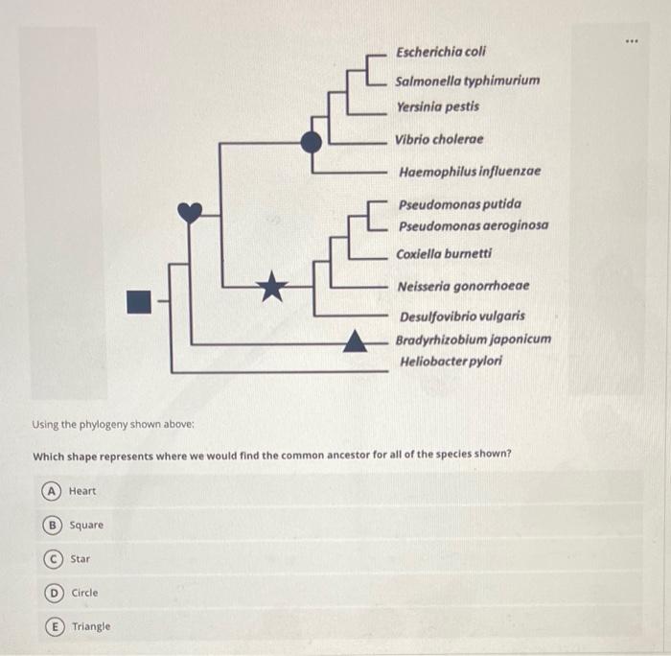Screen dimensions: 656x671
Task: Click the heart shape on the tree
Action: click(x=192, y=212)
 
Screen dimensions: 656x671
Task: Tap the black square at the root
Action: click(x=140, y=301)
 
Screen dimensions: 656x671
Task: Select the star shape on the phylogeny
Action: click(x=273, y=285)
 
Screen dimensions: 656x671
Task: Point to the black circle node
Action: click(x=311, y=142)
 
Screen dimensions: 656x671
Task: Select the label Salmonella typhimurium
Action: click(x=467, y=81)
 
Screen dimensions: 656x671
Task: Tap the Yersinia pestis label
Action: click(x=437, y=106)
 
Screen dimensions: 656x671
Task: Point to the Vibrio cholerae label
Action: click(x=439, y=139)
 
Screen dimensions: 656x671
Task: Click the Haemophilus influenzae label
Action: click(x=470, y=172)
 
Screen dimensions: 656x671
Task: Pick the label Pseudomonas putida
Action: click(x=460, y=204)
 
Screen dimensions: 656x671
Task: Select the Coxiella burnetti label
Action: click(x=444, y=254)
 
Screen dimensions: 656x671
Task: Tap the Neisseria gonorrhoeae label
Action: click(x=464, y=286)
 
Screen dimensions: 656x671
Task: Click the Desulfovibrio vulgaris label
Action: click(x=462, y=316)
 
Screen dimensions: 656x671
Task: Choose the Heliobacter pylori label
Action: click(x=451, y=362)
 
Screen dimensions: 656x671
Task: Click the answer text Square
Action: click(x=86, y=525)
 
